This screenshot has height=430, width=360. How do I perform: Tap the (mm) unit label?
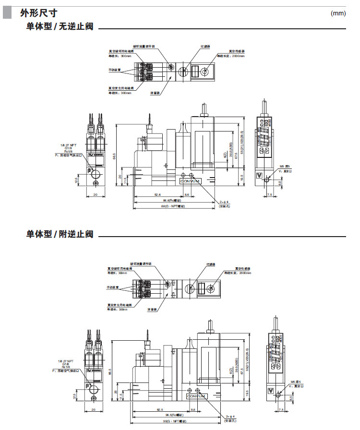coord(338,13)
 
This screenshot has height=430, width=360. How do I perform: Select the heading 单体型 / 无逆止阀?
coord(60,28)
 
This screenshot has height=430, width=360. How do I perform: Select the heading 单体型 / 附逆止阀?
coord(60,234)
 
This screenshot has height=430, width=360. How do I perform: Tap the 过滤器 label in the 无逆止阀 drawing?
coord(205,47)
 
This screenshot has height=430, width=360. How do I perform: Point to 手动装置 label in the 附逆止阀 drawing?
coord(114,287)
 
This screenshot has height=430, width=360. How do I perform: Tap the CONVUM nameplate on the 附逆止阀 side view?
coord(195,396)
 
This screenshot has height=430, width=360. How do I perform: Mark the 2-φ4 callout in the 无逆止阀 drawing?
coord(225,202)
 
